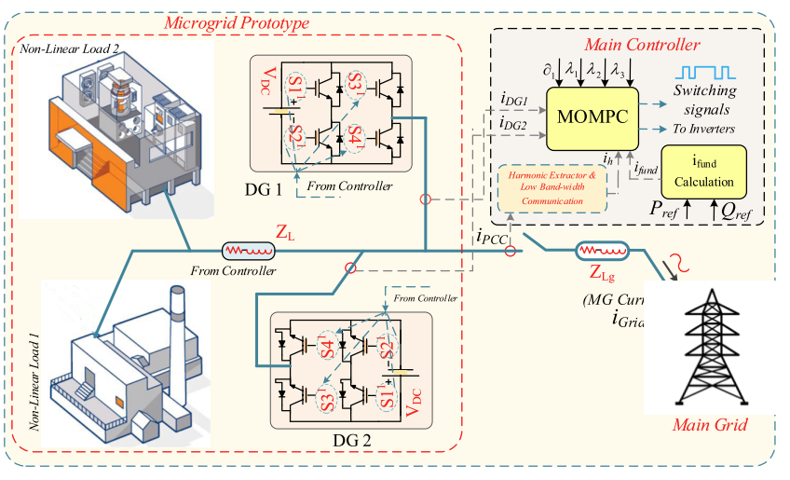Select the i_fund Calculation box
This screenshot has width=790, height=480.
click(x=703, y=171)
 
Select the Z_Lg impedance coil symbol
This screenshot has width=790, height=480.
click(x=601, y=251)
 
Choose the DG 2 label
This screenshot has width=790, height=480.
click(x=352, y=439)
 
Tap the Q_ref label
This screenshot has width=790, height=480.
click(x=732, y=211)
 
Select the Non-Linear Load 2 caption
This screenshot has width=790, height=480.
click(x=64, y=48)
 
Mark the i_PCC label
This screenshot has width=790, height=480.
click(x=492, y=237)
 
